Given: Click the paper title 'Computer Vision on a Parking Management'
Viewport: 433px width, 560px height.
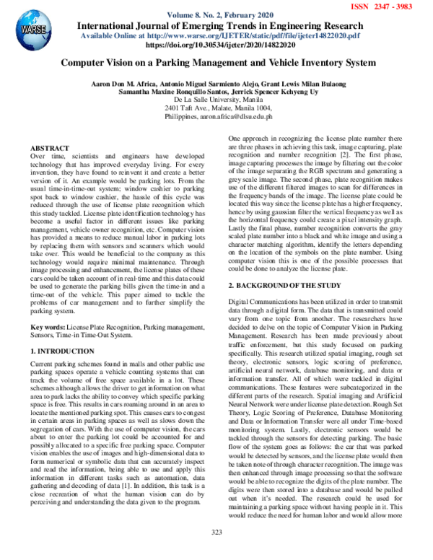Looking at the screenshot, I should click(217, 64).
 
